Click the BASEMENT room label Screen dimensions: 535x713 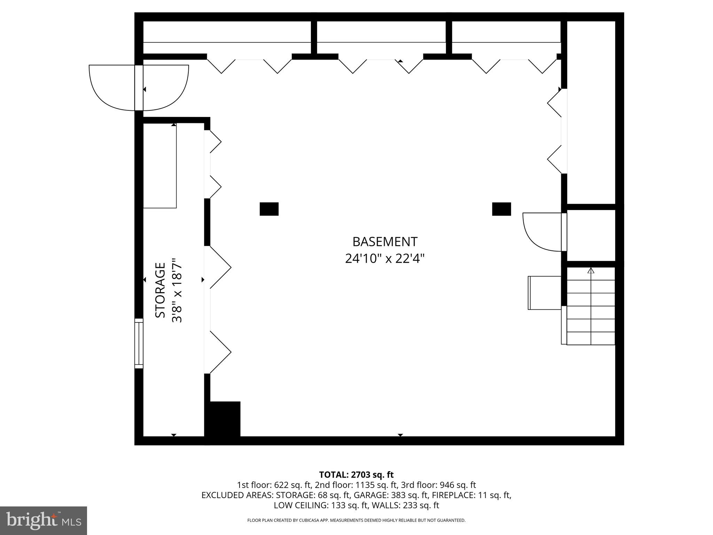click(x=385, y=242)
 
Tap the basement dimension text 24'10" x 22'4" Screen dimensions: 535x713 click(x=385, y=259)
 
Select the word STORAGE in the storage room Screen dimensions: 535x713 click(x=160, y=290)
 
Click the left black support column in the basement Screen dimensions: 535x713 click(x=269, y=209)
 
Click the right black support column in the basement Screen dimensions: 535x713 click(x=501, y=209)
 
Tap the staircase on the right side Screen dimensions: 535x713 click(x=591, y=307)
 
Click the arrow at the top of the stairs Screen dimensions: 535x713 click(x=591, y=271)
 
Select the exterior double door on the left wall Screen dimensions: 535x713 click(x=139, y=88)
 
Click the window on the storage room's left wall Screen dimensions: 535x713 click(x=139, y=343)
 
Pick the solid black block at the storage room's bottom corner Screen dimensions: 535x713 click(x=223, y=419)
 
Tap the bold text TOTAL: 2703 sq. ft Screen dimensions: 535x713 click(x=356, y=475)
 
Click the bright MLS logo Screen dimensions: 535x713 click(x=44, y=520)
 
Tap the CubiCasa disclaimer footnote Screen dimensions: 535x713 click(x=356, y=520)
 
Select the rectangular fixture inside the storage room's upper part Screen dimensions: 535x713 click(x=160, y=166)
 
